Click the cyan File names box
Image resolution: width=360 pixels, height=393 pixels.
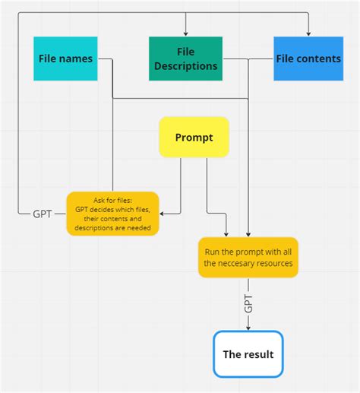click(x=65, y=58)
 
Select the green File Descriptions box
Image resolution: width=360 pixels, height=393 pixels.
click(x=186, y=59)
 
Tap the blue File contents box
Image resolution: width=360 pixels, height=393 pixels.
click(x=308, y=58)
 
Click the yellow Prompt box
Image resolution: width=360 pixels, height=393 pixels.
click(x=194, y=137)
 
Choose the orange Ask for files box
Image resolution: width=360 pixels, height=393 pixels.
click(x=112, y=214)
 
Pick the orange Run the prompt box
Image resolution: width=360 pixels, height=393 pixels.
click(x=248, y=257)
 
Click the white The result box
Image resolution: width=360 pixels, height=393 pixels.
click(x=248, y=354)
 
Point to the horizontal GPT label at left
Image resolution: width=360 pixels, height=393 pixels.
click(x=43, y=214)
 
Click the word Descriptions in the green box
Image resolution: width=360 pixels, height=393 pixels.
click(x=186, y=66)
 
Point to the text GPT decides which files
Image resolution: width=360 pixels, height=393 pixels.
click(x=112, y=209)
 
